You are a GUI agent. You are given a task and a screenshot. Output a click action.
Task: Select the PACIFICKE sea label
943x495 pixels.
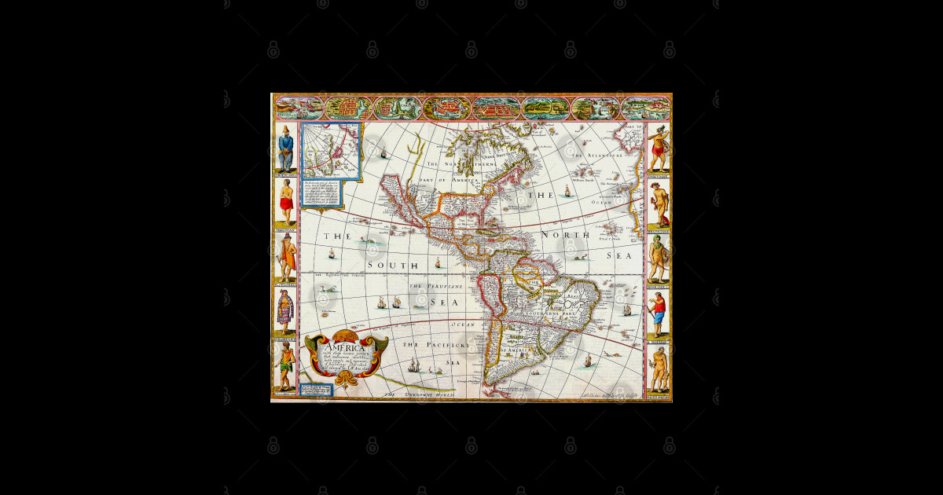[436, 344]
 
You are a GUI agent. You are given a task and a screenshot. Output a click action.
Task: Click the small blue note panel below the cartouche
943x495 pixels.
[315, 389]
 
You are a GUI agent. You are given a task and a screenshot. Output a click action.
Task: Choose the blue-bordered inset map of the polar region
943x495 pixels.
[331, 150]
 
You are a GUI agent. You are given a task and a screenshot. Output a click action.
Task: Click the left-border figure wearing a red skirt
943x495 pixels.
[286, 200]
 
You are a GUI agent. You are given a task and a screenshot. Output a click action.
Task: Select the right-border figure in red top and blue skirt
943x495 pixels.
[659, 313]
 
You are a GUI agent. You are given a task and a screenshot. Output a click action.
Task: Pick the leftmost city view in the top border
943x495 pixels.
[299, 107]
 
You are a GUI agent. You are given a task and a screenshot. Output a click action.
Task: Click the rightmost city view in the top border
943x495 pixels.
[646, 107]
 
